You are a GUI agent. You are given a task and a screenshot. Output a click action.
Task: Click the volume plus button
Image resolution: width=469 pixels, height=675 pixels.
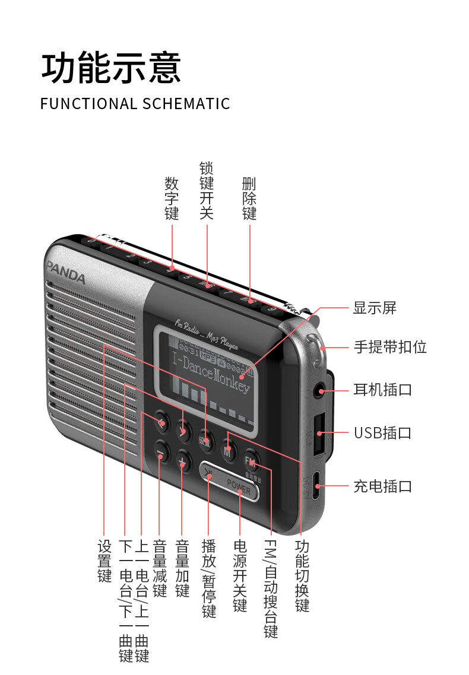pyautogui.click(x=184, y=460)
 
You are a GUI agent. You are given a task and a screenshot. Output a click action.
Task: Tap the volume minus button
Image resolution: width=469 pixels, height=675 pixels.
pyautogui.click(x=160, y=453)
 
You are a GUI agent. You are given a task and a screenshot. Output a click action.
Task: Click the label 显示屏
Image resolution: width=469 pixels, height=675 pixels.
pyautogui.click(x=375, y=308)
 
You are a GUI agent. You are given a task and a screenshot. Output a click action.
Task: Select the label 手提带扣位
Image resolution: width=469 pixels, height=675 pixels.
pyautogui.click(x=390, y=346)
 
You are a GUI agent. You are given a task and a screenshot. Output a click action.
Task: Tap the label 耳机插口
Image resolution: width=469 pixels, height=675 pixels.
pyautogui.click(x=382, y=390)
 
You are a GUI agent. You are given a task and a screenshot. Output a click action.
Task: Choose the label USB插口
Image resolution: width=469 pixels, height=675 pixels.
pyautogui.click(x=382, y=432)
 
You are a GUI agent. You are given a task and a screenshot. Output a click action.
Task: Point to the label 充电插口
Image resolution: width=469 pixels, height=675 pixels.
pyautogui.click(x=382, y=486)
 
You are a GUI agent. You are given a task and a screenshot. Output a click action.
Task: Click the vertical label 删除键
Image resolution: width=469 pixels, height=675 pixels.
pyautogui.click(x=249, y=198)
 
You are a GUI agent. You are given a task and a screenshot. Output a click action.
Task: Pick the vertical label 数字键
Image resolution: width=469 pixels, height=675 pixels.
pyautogui.click(x=172, y=198)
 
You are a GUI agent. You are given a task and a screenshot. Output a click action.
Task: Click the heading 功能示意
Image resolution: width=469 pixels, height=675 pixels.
pyautogui.click(x=111, y=67)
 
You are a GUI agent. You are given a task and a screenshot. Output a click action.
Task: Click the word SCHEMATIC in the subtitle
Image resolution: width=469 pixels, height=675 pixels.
pyautogui.click(x=186, y=103)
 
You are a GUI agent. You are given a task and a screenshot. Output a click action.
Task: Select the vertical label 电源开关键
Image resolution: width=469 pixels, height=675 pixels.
pyautogui.click(x=240, y=575)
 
